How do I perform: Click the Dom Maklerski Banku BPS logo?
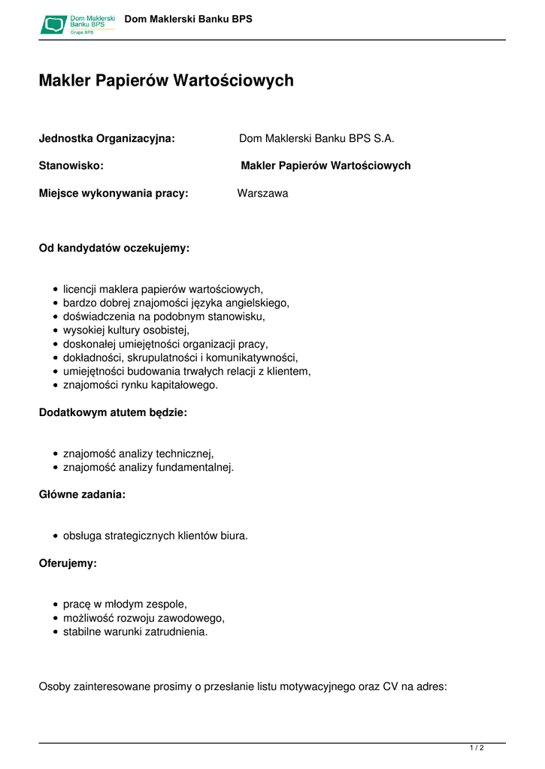77,24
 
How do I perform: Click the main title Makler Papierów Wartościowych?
166,80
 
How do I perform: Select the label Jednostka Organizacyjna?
107,138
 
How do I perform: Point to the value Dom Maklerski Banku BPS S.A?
316,138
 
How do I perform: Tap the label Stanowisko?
71,165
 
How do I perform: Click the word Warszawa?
262,193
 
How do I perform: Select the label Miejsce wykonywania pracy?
114,193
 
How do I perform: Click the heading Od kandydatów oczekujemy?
114,248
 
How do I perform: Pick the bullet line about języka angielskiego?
176,303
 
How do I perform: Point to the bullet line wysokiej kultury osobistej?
126,330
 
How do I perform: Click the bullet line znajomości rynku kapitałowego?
141,384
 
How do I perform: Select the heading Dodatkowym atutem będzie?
113,412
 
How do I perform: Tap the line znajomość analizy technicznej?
138,453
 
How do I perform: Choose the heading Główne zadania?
82,495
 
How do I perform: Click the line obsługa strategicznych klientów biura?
156,535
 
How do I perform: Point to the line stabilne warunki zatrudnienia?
135,632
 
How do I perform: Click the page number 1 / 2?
477,747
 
